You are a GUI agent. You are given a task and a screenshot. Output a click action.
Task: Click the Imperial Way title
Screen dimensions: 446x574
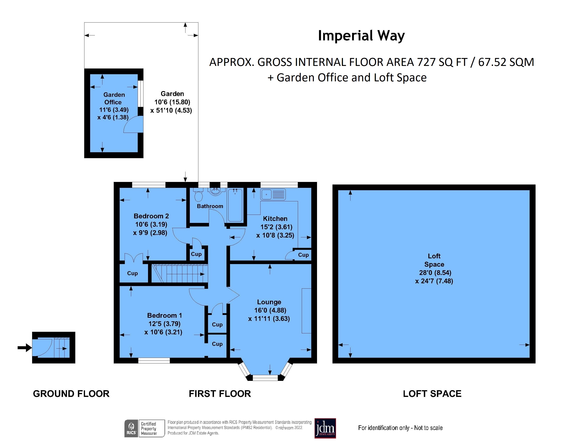tap(361, 36)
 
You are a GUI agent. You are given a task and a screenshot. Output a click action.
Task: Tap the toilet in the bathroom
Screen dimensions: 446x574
tap(198, 196)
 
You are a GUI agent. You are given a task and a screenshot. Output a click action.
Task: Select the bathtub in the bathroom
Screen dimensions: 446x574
tap(235, 205)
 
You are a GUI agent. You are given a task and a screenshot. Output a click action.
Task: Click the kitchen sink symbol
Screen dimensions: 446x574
tap(273, 195)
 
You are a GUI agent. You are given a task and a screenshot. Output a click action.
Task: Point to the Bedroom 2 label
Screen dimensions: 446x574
tap(151, 216)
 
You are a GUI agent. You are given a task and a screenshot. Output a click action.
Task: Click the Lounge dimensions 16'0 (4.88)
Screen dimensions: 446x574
tap(270, 310)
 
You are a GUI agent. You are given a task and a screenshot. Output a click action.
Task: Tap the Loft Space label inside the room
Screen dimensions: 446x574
tap(434, 260)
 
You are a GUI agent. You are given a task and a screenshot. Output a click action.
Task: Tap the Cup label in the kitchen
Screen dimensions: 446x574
tap(303, 255)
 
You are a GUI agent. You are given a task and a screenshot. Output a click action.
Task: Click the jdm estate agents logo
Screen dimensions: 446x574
tap(325, 428)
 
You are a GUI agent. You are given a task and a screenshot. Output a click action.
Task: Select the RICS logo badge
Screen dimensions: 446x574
tap(131, 428)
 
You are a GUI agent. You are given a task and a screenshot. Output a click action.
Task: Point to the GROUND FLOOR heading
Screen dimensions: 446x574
tap(71, 394)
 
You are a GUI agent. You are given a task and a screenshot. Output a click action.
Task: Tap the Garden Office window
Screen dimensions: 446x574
tap(141, 93)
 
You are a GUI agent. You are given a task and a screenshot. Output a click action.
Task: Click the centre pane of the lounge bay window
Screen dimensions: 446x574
tap(265, 378)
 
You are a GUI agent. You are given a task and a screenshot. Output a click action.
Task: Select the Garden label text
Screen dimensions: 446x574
tap(172, 94)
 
